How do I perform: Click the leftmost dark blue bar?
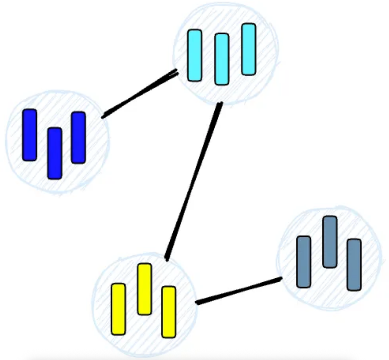(30, 135)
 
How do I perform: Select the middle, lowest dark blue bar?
(54, 153)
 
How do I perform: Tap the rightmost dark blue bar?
(78, 137)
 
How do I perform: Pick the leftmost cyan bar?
(195, 56)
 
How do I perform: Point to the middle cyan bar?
(222, 59)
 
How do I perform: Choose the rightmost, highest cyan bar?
(249, 49)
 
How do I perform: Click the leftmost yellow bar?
(118, 309)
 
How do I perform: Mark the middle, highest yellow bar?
(144, 289)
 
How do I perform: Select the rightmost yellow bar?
(169, 312)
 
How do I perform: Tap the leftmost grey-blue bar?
(303, 262)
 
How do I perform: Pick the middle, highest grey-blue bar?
(330, 242)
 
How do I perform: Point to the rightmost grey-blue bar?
(354, 264)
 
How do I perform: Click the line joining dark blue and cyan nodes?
(140, 94)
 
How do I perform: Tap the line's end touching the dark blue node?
(103, 116)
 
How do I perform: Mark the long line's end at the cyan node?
(220, 104)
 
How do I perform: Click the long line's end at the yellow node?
(167, 259)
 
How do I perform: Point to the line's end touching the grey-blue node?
(280, 279)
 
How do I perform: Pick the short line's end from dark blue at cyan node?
(177, 72)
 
